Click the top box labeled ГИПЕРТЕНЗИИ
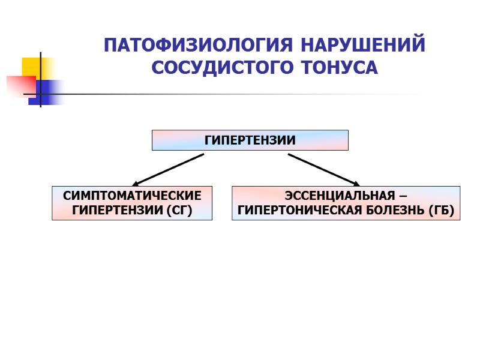(250, 140)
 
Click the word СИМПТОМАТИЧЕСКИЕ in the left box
(132, 196)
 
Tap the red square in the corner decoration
(19, 86)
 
